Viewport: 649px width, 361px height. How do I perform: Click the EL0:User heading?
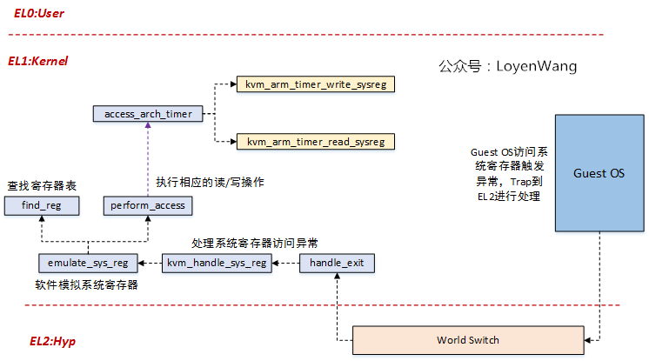[39, 14]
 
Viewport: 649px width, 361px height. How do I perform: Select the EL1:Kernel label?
[37, 62]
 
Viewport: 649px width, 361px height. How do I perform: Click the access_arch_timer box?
[148, 114]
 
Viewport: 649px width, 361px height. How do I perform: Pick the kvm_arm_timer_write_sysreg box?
[316, 84]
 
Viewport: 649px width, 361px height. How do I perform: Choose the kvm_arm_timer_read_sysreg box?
[316, 141]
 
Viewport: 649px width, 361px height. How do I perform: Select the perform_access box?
[148, 205]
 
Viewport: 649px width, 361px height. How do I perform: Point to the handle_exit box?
[337, 263]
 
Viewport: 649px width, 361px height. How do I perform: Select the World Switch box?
[468, 339]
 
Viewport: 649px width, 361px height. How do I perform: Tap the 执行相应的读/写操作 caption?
[210, 183]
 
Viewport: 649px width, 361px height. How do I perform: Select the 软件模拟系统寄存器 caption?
[86, 284]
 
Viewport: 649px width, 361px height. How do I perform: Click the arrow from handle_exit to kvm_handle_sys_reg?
[285, 263]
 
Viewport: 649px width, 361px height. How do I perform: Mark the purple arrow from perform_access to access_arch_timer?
[148, 159]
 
